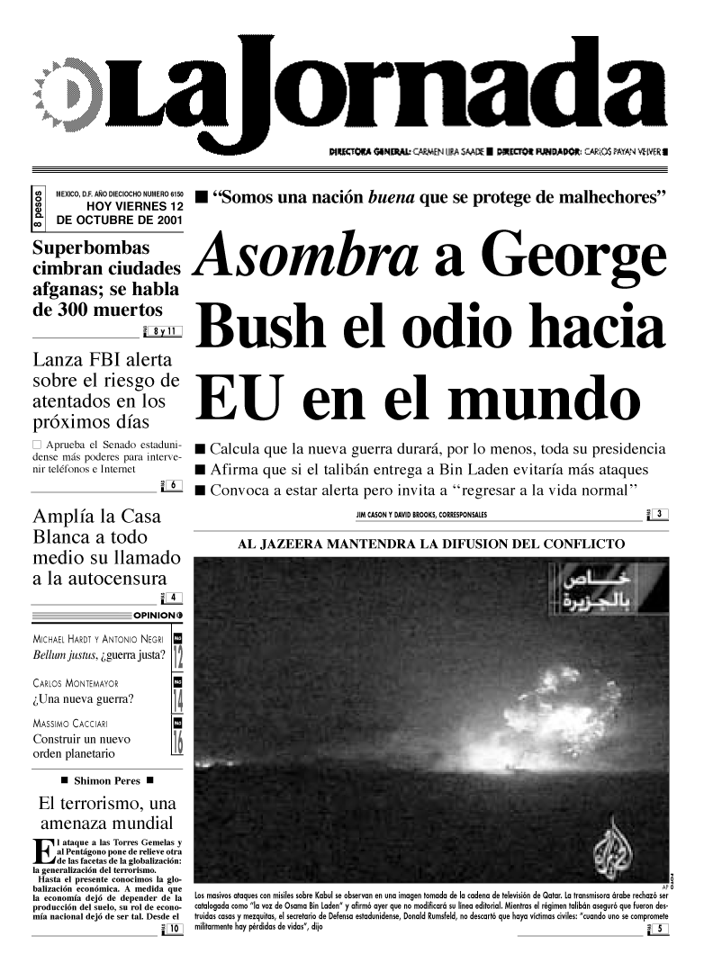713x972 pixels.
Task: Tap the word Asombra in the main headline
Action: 311,253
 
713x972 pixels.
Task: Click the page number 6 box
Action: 174,487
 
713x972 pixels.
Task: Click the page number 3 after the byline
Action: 660,514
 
